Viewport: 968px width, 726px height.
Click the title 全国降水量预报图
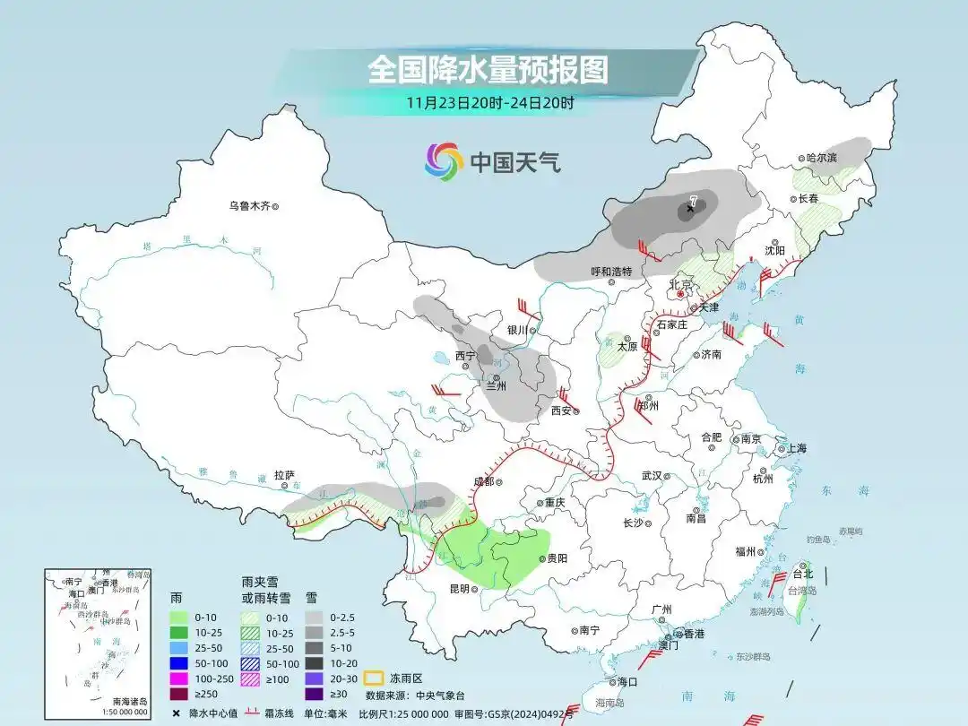tap(488, 70)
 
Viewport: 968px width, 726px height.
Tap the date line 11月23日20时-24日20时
tap(489, 102)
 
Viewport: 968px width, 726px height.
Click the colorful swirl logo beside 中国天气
tap(444, 161)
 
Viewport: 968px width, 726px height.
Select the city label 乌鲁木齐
tap(248, 206)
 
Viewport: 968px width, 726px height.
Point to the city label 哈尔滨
tap(820, 158)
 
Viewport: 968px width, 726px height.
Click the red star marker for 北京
tap(680, 293)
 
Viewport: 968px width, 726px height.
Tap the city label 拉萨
tap(284, 475)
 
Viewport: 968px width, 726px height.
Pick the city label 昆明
tap(459, 589)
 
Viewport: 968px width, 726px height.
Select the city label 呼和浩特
tap(611, 272)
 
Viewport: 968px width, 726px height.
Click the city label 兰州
tap(497, 386)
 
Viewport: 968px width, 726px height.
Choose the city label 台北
tap(802, 574)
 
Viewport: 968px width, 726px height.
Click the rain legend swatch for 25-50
tap(181, 648)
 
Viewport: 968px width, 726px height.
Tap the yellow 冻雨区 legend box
tap(375, 678)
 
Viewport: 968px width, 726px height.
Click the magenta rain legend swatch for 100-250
tap(181, 678)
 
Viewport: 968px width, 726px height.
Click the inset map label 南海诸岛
tap(129, 701)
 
